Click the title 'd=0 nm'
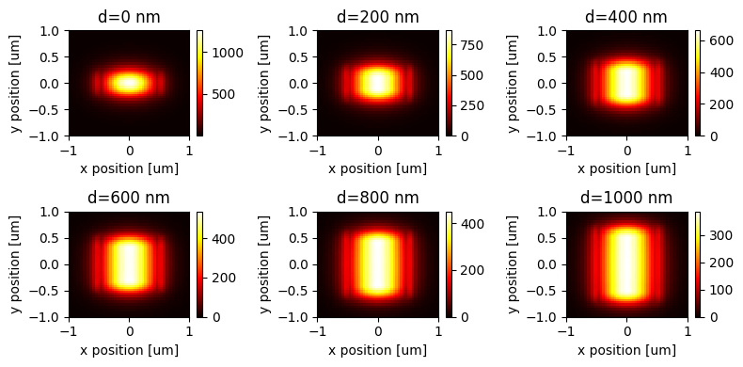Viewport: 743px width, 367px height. click(129, 17)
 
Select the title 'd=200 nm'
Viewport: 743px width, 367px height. click(378, 17)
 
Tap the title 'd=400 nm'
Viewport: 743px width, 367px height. click(626, 17)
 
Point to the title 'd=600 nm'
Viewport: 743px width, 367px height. click(129, 198)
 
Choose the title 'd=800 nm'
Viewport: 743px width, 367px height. click(378, 198)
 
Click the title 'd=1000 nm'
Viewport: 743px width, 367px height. click(626, 198)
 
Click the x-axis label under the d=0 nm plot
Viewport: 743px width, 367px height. click(129, 168)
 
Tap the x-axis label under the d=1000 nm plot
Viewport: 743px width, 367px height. click(626, 350)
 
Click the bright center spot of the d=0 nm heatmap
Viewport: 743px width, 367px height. click(129, 83)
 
